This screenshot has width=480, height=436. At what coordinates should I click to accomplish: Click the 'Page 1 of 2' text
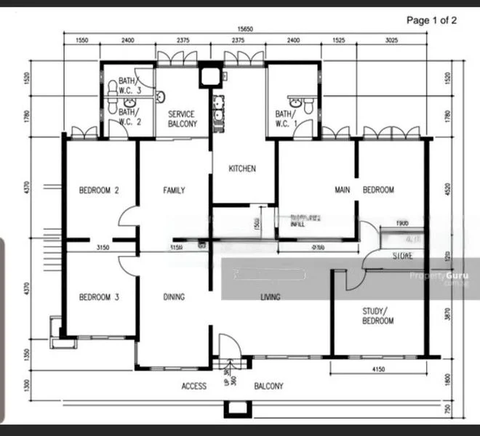point(431,20)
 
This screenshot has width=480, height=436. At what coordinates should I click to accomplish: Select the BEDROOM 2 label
point(99,190)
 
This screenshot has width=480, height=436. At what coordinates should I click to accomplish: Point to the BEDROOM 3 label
point(99,296)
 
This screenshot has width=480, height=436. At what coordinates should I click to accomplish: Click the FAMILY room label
point(173,190)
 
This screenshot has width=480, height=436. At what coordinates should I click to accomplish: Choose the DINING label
point(173,296)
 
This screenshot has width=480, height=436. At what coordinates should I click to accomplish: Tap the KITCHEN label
point(242,169)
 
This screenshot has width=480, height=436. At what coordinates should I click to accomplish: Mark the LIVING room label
point(271,296)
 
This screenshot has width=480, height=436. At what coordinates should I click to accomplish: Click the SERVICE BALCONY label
point(183,119)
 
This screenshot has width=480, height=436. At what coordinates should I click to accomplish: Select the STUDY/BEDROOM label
point(377,316)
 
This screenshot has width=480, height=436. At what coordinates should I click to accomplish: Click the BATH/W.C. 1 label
point(284,119)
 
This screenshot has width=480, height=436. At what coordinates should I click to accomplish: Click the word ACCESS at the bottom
point(194,386)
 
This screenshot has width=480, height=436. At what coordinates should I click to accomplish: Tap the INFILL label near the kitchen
point(297,225)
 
